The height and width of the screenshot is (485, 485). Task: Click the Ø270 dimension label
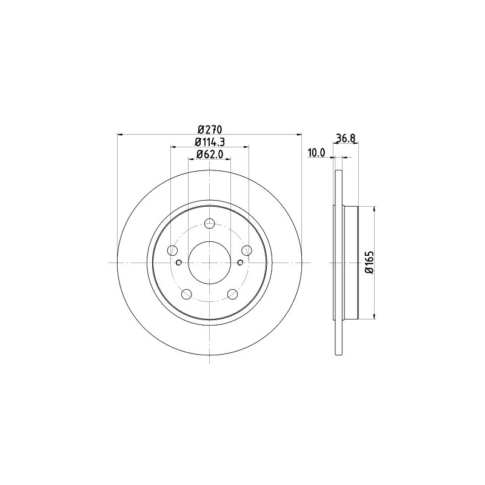[x=210, y=129]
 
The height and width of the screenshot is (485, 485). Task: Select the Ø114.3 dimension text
[x=209, y=142]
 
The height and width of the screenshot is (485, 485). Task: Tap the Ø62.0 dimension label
[x=209, y=154]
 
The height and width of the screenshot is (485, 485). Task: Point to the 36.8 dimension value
[x=345, y=138]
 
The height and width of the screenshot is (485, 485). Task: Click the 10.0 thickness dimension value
[x=316, y=153]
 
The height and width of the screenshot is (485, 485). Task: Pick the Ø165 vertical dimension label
[x=370, y=263]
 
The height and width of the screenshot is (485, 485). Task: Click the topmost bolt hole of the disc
[x=210, y=222]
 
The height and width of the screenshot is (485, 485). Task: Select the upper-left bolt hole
[x=172, y=250]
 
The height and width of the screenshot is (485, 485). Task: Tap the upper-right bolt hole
[x=247, y=250]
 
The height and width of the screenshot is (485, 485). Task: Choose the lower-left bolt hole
[x=187, y=294]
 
